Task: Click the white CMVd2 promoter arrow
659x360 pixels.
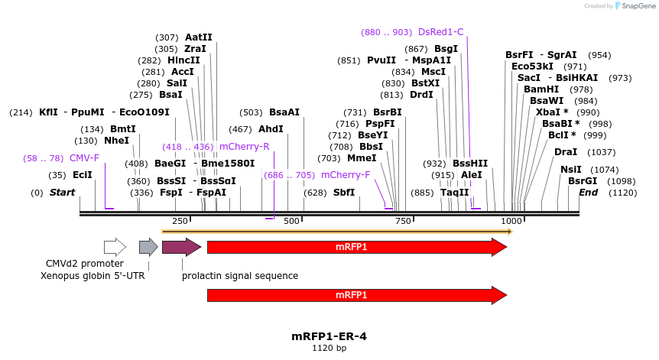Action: tap(115, 247)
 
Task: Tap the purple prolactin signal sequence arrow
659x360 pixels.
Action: tap(181, 247)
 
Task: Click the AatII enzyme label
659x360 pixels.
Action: tap(199, 37)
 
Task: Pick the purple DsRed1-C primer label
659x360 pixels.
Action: tap(440, 32)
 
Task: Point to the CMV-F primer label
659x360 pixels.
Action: tap(84, 158)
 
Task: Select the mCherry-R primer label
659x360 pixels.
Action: tap(244, 146)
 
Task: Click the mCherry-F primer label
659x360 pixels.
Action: tap(346, 175)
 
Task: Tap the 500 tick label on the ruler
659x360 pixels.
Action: tap(291, 221)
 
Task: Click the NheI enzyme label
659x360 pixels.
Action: tap(116, 141)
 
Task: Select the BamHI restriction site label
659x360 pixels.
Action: tap(541, 89)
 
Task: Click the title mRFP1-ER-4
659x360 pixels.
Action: tap(329, 336)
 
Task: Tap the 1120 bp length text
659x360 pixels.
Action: tap(329, 349)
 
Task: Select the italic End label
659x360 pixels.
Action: tap(588, 193)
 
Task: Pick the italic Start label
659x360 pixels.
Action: tap(62, 193)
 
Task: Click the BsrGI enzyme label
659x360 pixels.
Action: tap(582, 181)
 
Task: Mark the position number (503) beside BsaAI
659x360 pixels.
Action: tap(251, 112)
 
